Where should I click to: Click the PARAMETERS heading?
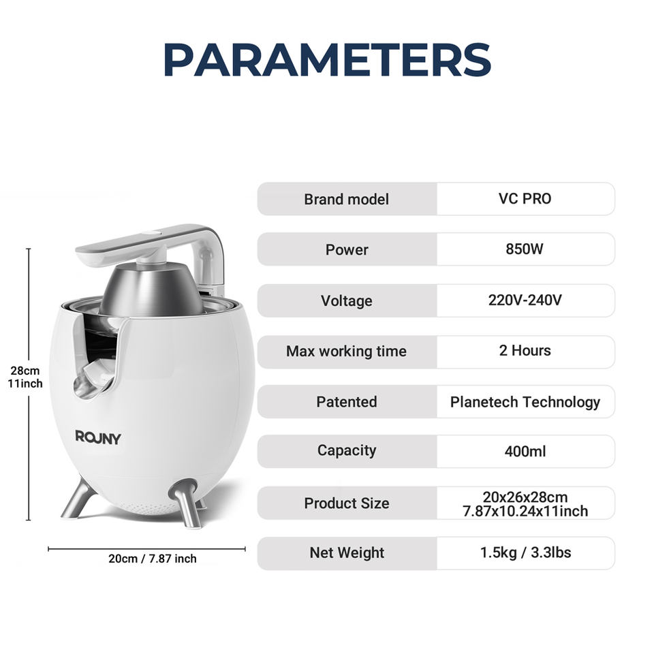click(x=328, y=59)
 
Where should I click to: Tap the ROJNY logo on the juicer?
click(x=98, y=437)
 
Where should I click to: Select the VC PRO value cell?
click(x=525, y=198)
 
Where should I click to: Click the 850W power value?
click(x=525, y=249)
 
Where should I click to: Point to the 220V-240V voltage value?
click(x=525, y=300)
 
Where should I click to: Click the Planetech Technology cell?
click(x=525, y=402)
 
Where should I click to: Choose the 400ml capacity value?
click(x=525, y=451)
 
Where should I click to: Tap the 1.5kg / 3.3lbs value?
click(x=525, y=552)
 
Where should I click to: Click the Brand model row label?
click(x=346, y=199)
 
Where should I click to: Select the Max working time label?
click(x=346, y=352)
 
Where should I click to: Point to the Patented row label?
click(x=346, y=402)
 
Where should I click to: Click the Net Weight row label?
click(x=347, y=552)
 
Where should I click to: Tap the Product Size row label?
click(x=347, y=503)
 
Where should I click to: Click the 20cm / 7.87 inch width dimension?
click(x=152, y=559)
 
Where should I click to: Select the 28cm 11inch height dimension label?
click(x=25, y=377)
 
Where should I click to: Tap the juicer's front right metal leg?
click(x=187, y=503)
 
